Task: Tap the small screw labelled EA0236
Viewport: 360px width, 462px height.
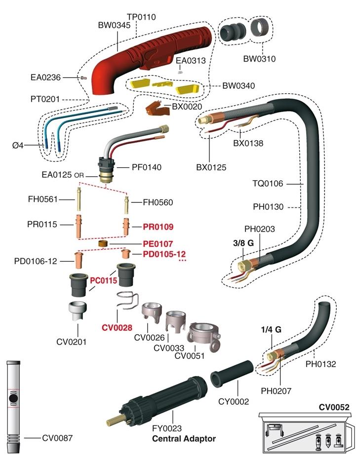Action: (x=83, y=77)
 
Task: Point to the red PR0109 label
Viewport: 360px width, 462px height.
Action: (x=158, y=227)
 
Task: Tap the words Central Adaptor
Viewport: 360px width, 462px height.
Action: (x=184, y=438)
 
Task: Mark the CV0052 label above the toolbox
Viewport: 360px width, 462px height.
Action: (x=334, y=407)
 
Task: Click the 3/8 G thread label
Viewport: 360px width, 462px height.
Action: (x=243, y=243)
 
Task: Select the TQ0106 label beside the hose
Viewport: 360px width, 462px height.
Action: (x=268, y=184)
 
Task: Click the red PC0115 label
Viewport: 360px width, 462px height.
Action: (x=103, y=280)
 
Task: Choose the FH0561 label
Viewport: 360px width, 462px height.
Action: (x=42, y=199)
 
